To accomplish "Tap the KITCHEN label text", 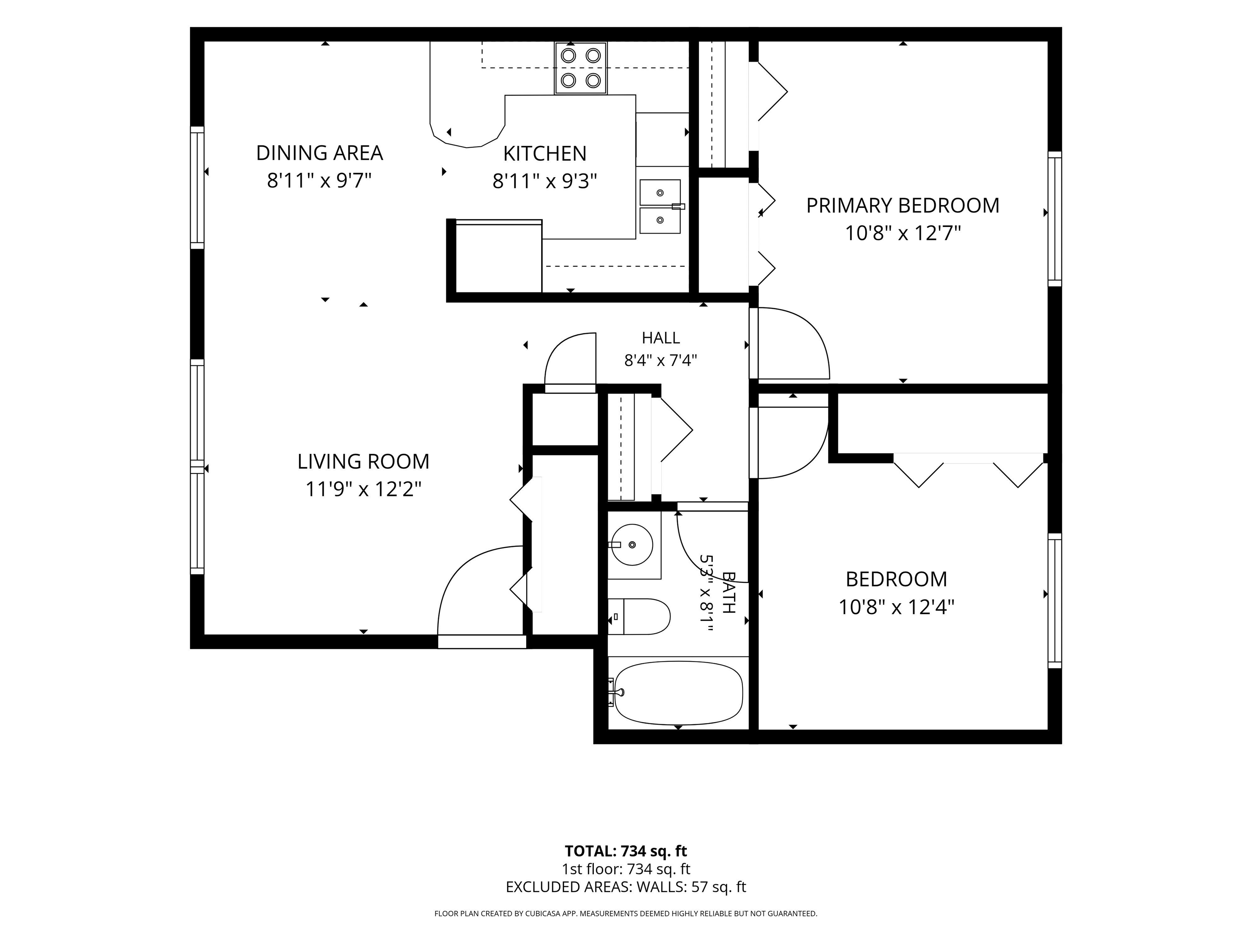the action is pyautogui.click(x=544, y=153).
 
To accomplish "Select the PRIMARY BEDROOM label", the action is pyautogui.click(x=903, y=205).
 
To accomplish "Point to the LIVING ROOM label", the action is pyautogui.click(x=364, y=461).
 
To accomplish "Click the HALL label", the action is pyautogui.click(x=661, y=338).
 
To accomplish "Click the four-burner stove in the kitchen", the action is pyautogui.click(x=581, y=68).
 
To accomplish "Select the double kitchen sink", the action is pyautogui.click(x=661, y=207).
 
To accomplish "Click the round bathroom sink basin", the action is pyautogui.click(x=633, y=544).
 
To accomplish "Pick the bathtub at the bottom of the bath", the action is pyautogui.click(x=678, y=693).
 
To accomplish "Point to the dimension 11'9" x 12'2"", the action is pyautogui.click(x=364, y=489).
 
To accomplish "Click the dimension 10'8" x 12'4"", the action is pyautogui.click(x=897, y=607).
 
